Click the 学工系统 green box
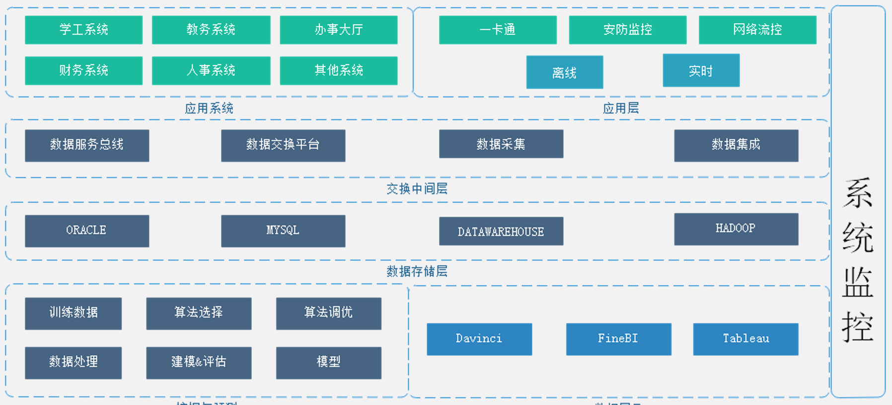click(83, 30)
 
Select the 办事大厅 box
click(338, 30)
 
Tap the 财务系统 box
click(83, 71)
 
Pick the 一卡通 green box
click(498, 30)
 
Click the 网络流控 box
click(757, 30)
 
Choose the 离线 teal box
click(564, 73)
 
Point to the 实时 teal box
click(701, 71)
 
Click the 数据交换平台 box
click(283, 145)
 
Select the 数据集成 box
click(736, 145)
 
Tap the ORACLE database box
click(87, 231)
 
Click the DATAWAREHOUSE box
click(501, 231)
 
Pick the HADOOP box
click(736, 229)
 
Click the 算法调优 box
click(328, 313)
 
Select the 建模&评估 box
click(199, 362)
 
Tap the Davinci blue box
click(479, 339)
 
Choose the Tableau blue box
click(745, 339)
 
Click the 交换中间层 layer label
click(417, 189)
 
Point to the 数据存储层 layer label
click(417, 271)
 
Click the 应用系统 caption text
click(209, 108)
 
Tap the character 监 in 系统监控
click(858, 282)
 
